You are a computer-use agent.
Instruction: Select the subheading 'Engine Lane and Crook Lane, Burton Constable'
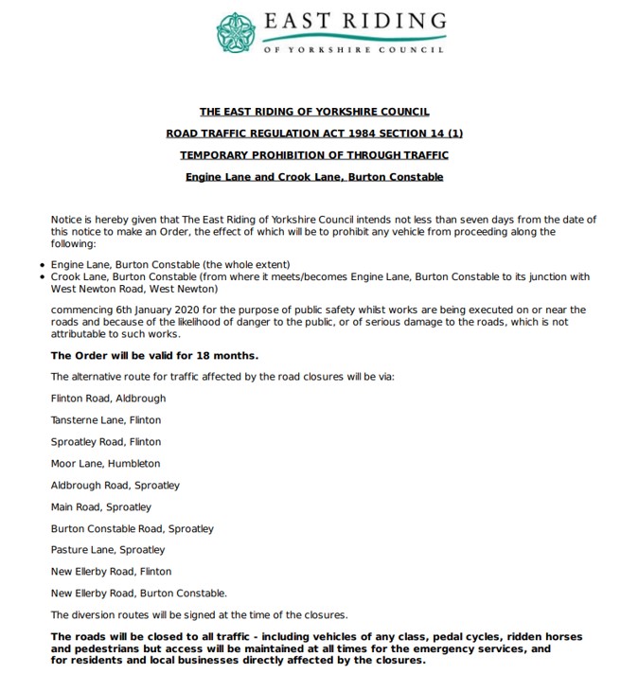coord(314,176)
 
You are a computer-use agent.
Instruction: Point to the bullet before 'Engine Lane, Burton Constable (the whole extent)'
coord(44,263)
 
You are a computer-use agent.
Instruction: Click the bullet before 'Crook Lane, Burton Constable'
coord(44,276)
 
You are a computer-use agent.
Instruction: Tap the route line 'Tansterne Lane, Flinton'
coord(106,420)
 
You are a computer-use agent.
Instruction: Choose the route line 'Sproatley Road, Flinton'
coord(106,442)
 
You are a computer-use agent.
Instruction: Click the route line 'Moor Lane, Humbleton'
coord(106,464)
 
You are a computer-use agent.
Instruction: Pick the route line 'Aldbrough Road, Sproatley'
coord(115,486)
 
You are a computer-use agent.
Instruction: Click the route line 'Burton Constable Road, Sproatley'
coord(133,528)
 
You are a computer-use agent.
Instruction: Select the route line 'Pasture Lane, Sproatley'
coord(108,550)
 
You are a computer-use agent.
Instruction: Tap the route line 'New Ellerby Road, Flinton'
coord(111,572)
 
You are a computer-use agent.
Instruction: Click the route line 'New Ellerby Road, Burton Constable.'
coord(139,594)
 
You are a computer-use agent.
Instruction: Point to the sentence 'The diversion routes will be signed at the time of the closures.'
coord(200,614)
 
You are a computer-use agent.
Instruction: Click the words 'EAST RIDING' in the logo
coord(354,21)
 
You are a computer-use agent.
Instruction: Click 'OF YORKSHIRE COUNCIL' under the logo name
coord(353,49)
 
